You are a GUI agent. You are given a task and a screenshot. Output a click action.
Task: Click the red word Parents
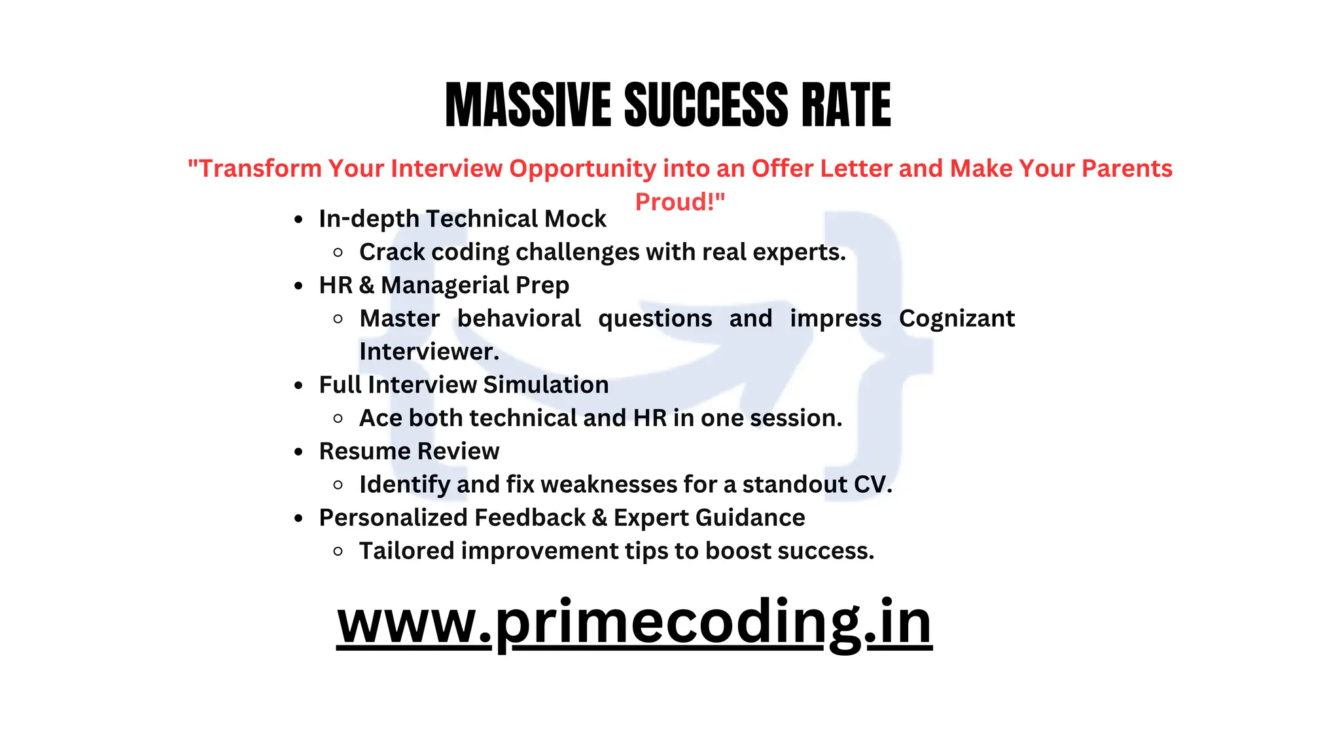tap(1127, 168)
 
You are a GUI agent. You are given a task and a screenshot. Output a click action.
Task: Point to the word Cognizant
tap(957, 318)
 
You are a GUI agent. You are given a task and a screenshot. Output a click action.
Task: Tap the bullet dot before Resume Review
tap(299, 452)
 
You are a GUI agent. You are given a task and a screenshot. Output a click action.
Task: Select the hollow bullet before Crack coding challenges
tap(338, 253)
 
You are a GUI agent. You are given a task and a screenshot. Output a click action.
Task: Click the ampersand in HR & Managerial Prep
tap(366, 285)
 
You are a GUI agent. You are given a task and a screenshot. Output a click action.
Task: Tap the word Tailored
tap(406, 551)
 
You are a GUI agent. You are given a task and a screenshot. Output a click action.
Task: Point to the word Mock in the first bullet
tap(575, 219)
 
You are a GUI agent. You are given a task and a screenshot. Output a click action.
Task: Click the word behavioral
tap(519, 318)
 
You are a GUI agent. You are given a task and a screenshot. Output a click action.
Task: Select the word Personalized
tap(393, 518)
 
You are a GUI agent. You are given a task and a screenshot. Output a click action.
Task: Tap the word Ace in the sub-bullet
tap(380, 418)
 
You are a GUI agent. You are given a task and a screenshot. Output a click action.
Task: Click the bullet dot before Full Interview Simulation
tap(299, 386)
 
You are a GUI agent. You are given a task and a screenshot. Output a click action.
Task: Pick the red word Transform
tap(259, 168)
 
